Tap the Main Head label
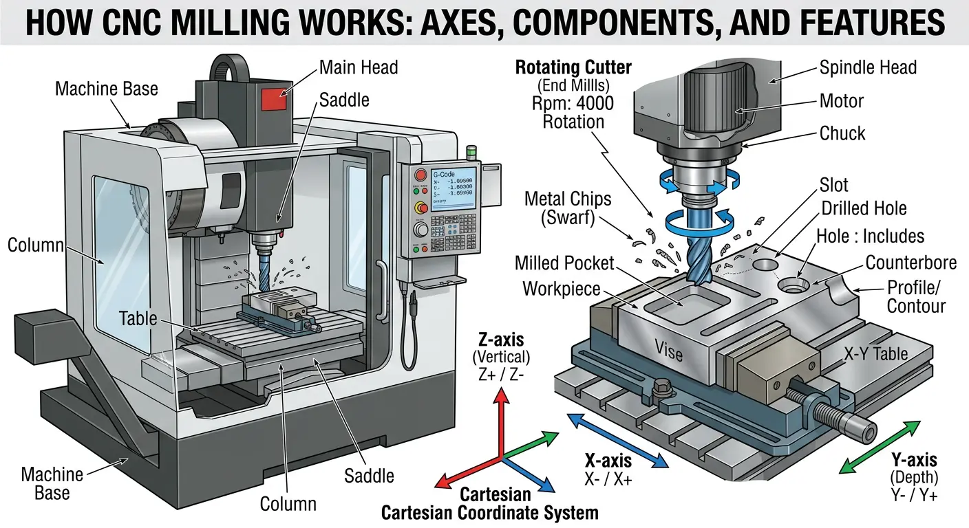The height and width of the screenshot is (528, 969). [359, 67]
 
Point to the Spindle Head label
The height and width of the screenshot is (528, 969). [868, 67]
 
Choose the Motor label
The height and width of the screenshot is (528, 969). [842, 101]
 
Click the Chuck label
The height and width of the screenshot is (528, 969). [842, 133]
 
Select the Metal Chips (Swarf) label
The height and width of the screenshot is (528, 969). [568, 208]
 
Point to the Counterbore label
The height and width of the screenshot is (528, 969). [911, 263]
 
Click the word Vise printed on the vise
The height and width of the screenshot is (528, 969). [668, 352]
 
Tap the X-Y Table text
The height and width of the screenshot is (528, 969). [876, 354]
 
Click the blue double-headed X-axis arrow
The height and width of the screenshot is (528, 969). [617, 440]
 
